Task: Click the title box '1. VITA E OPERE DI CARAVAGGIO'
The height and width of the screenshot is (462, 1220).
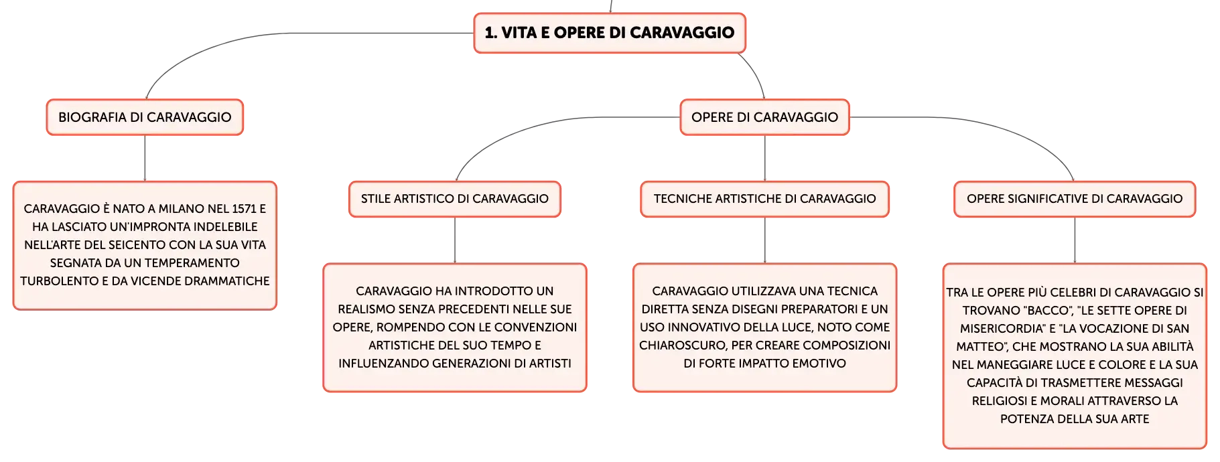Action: pyautogui.click(x=610, y=33)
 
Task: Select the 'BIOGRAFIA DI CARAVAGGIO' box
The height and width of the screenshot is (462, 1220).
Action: pyautogui.click(x=145, y=117)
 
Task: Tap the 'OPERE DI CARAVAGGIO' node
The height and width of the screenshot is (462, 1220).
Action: pyautogui.click(x=764, y=117)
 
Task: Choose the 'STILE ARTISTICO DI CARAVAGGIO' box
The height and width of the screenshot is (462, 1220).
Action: pyautogui.click(x=455, y=199)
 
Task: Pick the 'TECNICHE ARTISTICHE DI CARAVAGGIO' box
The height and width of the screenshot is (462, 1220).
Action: pyautogui.click(x=764, y=199)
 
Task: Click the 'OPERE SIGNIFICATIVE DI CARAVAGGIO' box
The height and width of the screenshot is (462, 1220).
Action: pyautogui.click(x=1075, y=199)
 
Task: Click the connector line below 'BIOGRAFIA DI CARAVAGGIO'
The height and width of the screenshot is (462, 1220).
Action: pyautogui.click(x=145, y=158)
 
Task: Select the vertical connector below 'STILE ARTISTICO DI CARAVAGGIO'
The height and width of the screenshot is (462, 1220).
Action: pyautogui.click(x=455, y=240)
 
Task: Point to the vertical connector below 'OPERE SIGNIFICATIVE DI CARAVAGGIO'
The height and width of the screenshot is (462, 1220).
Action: pyautogui.click(x=1075, y=240)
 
